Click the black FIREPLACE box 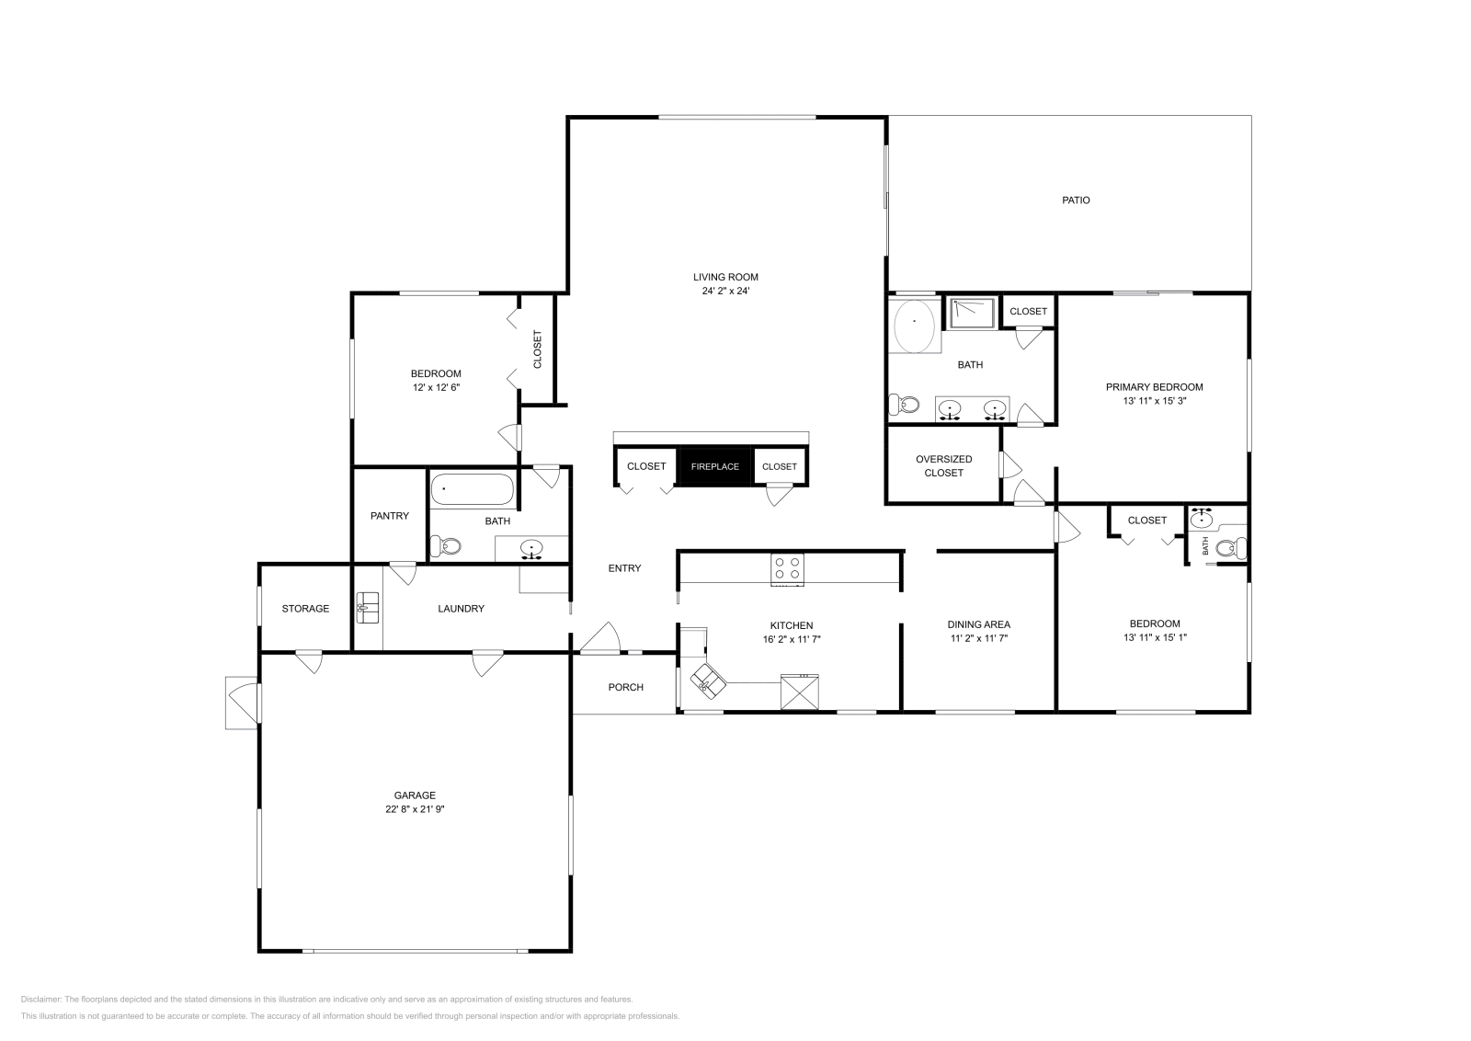714,466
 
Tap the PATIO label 1076,200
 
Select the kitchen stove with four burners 787,568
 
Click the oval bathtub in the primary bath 914,326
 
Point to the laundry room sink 368,608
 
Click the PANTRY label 390,516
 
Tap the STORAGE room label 305,609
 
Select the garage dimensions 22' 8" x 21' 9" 415,809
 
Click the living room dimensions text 725,291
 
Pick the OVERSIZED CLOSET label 943,465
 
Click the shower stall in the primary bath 972,314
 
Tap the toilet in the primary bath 905,405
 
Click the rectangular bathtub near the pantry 472,489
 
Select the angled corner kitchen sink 708,681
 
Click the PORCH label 625,687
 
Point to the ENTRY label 624,568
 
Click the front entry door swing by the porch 600,638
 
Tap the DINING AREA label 978,624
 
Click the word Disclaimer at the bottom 40,999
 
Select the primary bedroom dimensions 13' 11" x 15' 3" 1155,401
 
